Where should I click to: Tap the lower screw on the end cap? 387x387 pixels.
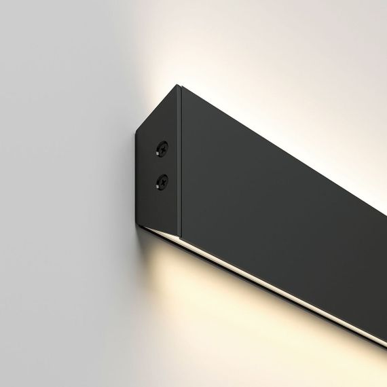coord(162,181)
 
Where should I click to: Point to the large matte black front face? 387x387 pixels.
coord(272,204)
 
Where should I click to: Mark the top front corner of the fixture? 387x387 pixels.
coord(179,86)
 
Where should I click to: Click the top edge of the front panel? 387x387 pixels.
coord(272,142)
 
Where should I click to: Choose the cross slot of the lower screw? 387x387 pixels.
coord(162,181)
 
